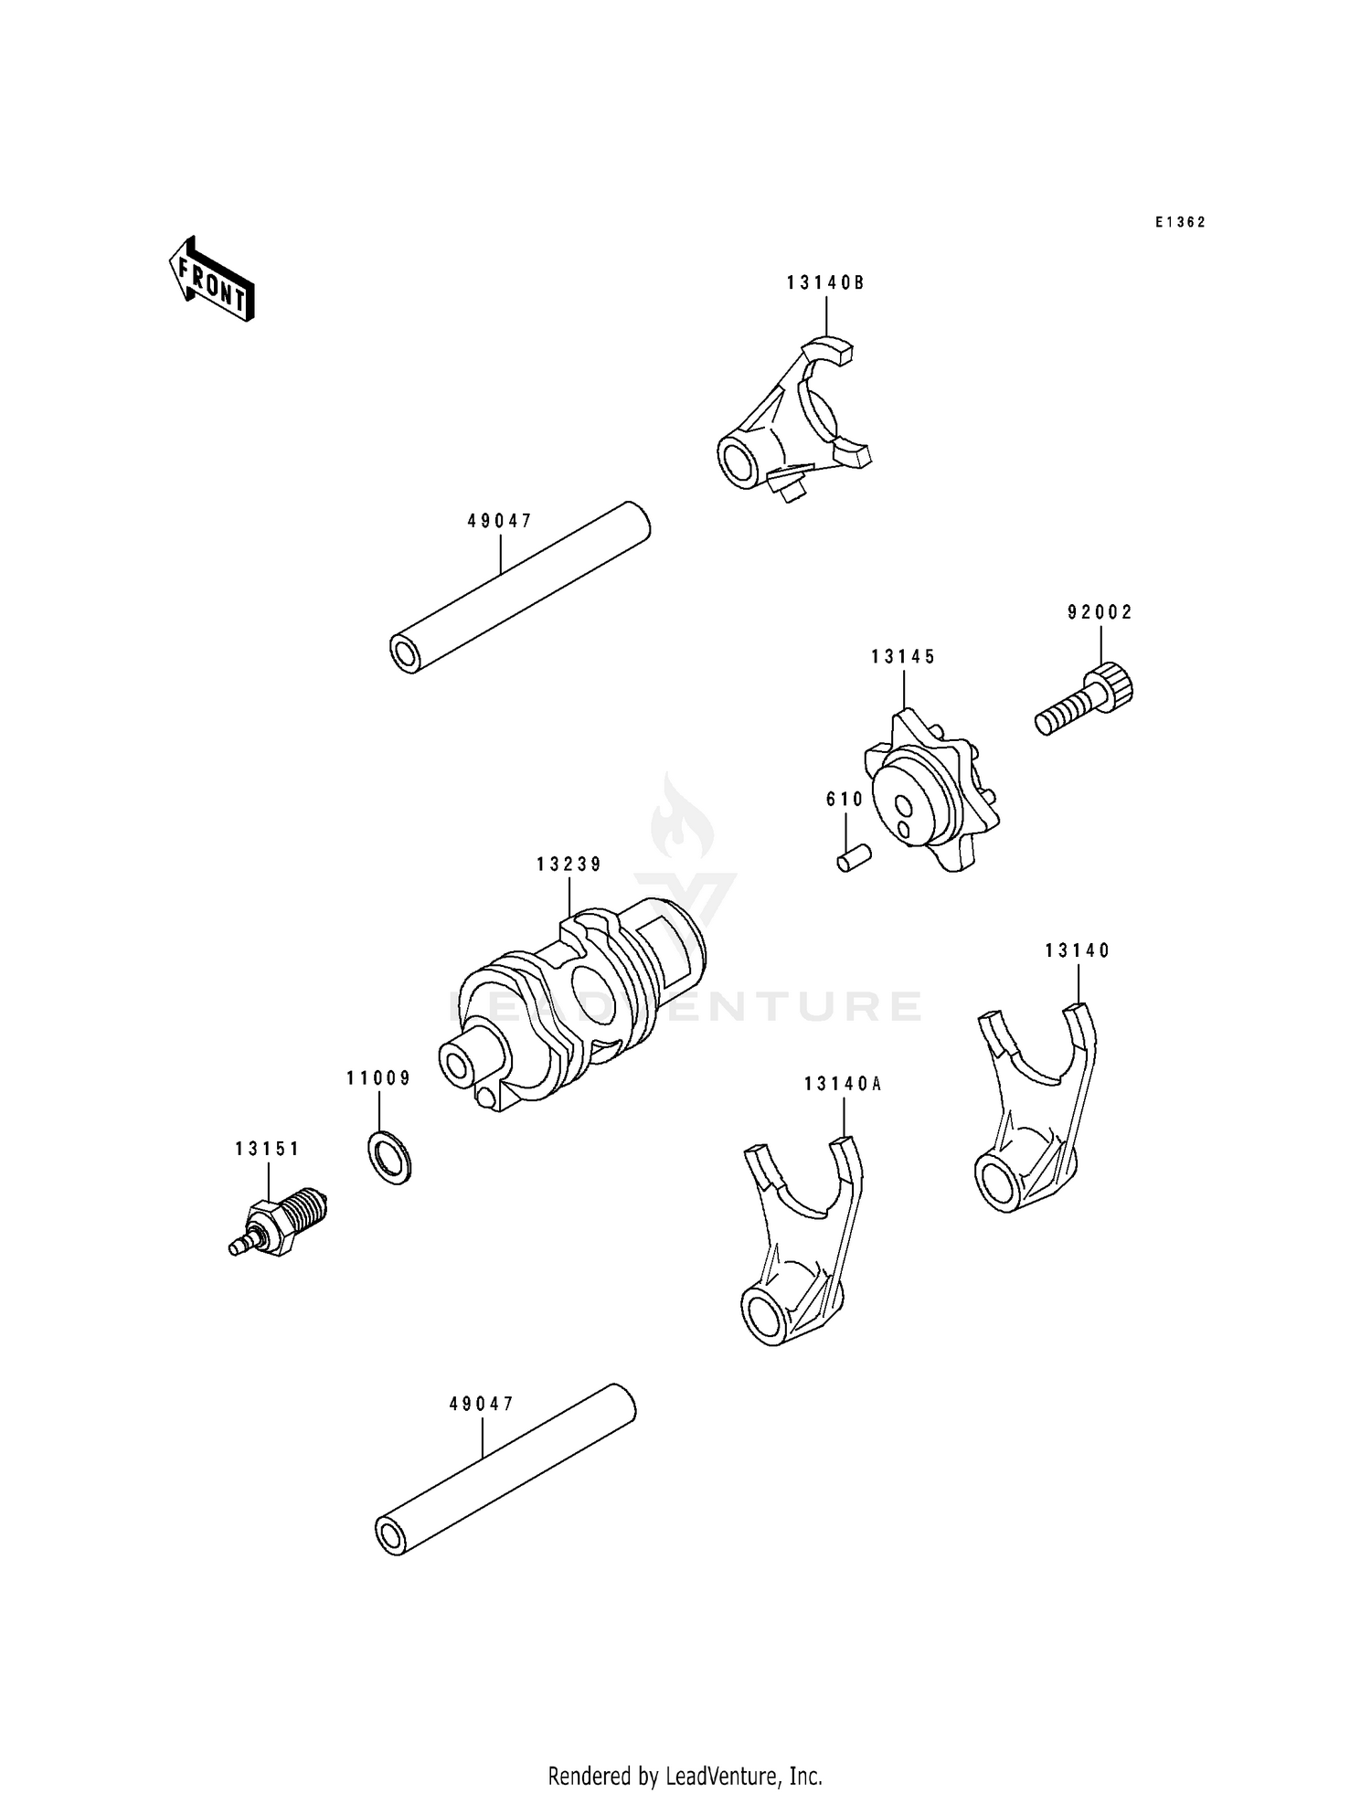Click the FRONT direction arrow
pyautogui.click(x=211, y=279)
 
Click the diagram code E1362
pyautogui.click(x=1180, y=222)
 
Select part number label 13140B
pyautogui.click(x=825, y=283)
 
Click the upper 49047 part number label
pyautogui.click(x=499, y=521)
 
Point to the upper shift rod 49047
pyautogui.click(x=521, y=588)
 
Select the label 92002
pyautogui.click(x=1100, y=613)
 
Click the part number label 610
pyautogui.click(x=845, y=800)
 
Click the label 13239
pyautogui.click(x=569, y=865)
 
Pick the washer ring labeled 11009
pyautogui.click(x=390, y=1157)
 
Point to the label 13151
pyautogui.click(x=267, y=1150)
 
